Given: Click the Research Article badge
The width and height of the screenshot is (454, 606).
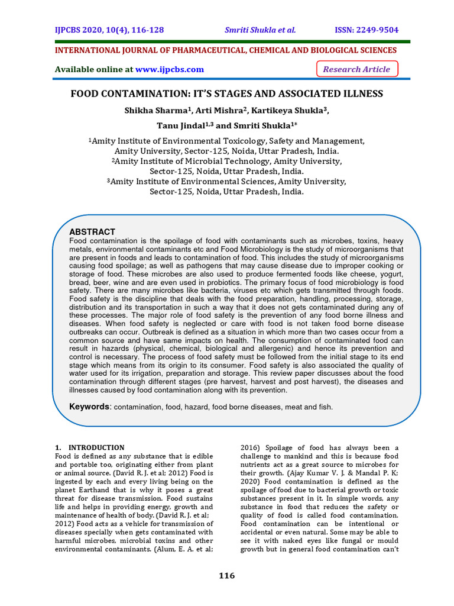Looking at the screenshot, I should pos(356,69).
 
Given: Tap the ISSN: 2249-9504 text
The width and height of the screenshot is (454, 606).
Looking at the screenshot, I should pos(367,30).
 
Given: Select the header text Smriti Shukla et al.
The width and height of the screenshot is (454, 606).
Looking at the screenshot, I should pos(260,30).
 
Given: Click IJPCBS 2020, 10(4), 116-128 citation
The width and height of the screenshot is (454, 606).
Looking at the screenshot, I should pos(109,30).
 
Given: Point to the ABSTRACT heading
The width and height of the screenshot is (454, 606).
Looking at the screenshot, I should pos(92,232).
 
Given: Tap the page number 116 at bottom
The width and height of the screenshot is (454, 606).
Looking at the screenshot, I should pos(226,576).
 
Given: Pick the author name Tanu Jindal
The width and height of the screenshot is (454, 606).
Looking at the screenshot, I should pos(179,126).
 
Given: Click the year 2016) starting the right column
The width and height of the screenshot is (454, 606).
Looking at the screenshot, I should pos(252,447).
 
